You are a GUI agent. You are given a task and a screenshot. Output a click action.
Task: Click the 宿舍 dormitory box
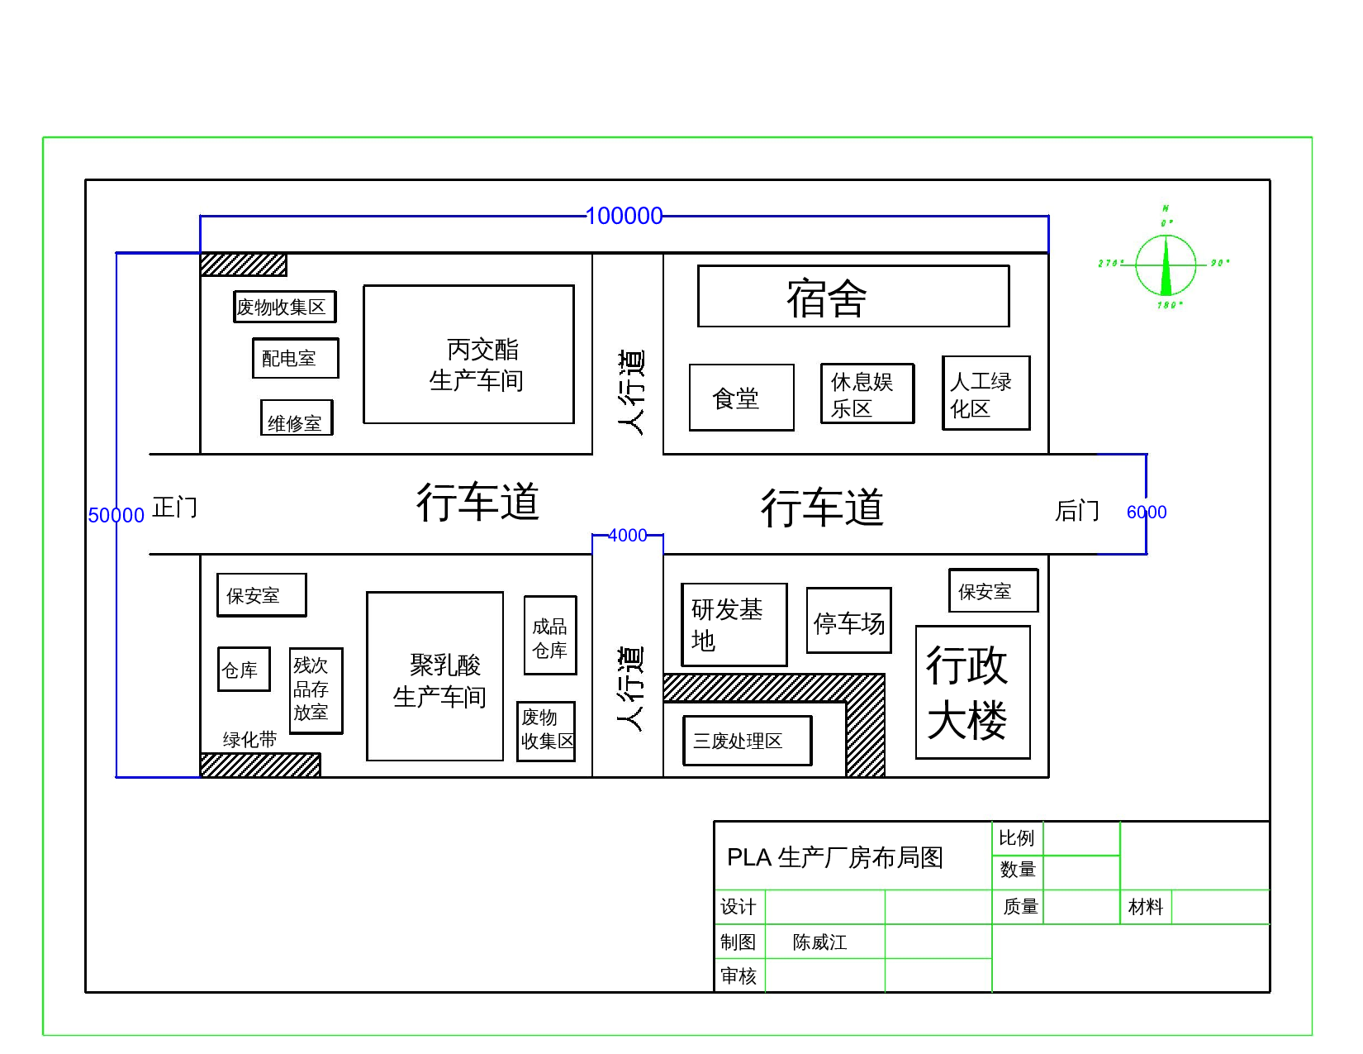pos(852,297)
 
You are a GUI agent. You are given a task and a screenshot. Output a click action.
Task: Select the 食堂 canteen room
pos(741,398)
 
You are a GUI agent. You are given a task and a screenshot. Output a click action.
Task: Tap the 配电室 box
pos(295,359)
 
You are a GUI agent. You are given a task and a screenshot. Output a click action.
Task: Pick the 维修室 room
pos(296,419)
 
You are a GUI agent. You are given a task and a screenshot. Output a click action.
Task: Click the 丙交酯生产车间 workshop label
pos(476,365)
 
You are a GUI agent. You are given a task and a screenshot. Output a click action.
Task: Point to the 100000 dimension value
pos(624,217)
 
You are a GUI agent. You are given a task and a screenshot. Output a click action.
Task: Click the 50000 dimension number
pos(116,516)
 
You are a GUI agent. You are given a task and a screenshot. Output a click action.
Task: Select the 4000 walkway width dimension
pos(627,536)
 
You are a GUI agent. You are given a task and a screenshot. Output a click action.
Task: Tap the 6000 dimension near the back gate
pos(1147,513)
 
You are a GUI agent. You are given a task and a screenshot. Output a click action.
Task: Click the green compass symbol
pos(1166,265)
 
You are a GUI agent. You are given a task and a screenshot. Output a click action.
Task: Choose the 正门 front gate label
pos(175,507)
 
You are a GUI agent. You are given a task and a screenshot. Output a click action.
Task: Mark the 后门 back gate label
pos(1077,511)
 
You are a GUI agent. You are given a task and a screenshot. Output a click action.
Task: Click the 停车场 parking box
pos(848,621)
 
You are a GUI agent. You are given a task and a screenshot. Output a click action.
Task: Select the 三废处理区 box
pos(747,741)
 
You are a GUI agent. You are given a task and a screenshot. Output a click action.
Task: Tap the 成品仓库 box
pos(549,636)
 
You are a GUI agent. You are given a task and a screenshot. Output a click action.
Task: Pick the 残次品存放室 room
pos(315,689)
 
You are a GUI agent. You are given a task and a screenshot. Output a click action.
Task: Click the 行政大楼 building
pos(972,692)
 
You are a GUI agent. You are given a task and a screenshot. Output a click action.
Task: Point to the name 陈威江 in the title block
pos(819,942)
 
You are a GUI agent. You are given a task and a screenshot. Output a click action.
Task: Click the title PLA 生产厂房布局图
pos(834,857)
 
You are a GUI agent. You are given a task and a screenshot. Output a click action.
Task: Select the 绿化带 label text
pos(249,740)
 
